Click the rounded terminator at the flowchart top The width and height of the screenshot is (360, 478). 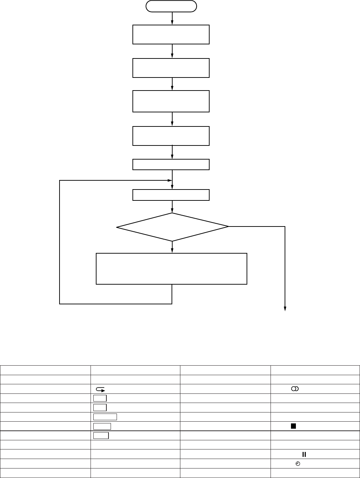pyautogui.click(x=172, y=6)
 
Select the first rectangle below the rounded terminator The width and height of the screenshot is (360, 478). pyautogui.click(x=171, y=35)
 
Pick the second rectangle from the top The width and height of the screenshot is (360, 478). pyautogui.click(x=171, y=68)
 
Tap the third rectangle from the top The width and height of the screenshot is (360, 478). pyautogui.click(x=171, y=101)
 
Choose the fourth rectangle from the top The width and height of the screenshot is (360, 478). pyautogui.click(x=171, y=136)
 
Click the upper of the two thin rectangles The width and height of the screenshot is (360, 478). pyautogui.click(x=171, y=164)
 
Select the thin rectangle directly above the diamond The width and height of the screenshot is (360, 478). pyautogui.click(x=171, y=195)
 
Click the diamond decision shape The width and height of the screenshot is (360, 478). pyautogui.click(x=172, y=227)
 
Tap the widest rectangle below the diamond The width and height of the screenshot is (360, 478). pyautogui.click(x=172, y=268)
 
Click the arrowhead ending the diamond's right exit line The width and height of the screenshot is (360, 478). pyautogui.click(x=285, y=309)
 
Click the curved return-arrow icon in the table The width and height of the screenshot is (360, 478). pyautogui.click(x=100, y=389)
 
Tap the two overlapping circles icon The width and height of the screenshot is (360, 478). pyautogui.click(x=294, y=389)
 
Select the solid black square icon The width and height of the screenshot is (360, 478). pyautogui.click(x=293, y=426)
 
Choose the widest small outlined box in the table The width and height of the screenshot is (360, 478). pyautogui.click(x=105, y=417)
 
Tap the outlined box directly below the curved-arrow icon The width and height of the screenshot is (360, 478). pyautogui.click(x=100, y=398)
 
